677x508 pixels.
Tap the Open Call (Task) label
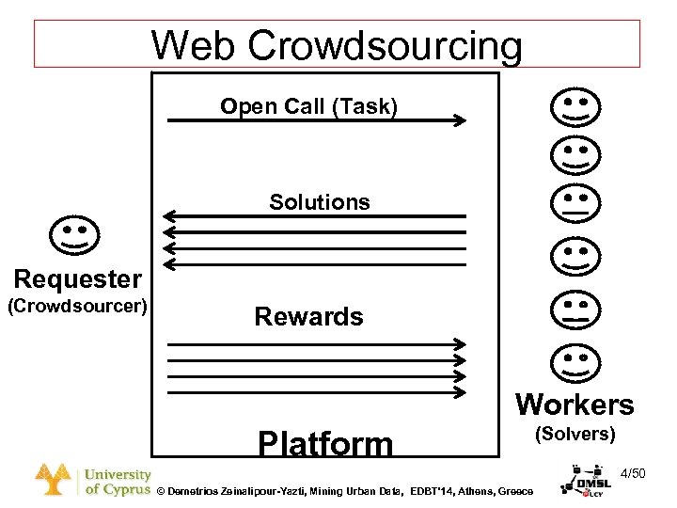[308, 106]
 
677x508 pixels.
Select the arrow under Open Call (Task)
[316, 120]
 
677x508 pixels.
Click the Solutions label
[320, 202]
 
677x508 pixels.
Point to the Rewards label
[308, 316]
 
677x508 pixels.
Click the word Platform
[325, 444]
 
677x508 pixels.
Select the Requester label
[78, 278]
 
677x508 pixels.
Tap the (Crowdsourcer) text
[78, 306]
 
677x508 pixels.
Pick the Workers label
[575, 405]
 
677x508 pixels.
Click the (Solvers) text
[575, 435]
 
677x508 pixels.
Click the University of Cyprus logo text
[118, 483]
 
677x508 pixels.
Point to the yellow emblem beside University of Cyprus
[55, 480]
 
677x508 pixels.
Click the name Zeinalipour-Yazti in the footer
[273, 492]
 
